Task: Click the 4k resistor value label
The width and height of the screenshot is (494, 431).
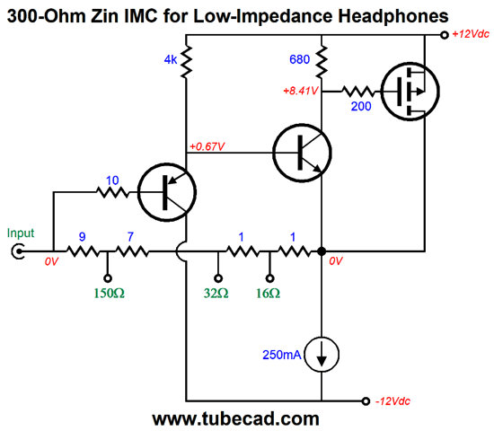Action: [171, 59]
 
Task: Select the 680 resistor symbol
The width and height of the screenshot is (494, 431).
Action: [321, 61]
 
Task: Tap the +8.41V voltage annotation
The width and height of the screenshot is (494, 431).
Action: [301, 91]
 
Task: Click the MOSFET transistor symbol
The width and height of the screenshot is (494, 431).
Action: [410, 92]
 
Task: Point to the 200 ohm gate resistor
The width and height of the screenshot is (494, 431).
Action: [358, 92]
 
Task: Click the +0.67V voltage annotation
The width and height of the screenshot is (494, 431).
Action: [207, 146]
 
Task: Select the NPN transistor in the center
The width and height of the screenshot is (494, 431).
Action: [302, 153]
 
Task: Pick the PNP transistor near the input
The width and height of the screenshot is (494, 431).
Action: [167, 192]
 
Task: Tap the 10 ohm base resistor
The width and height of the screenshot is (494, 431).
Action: [112, 192]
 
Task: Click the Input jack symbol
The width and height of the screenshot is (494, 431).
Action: [18, 251]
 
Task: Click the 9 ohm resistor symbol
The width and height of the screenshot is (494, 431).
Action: [83, 251]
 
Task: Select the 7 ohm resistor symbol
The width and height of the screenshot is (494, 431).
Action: [132, 251]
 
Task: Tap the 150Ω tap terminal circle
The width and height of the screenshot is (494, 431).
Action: [108, 278]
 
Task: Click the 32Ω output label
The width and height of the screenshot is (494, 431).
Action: [216, 294]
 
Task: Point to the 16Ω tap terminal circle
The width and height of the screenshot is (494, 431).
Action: [269, 278]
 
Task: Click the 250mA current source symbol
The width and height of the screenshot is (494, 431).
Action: [322, 355]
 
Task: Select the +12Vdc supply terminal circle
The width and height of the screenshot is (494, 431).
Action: [445, 35]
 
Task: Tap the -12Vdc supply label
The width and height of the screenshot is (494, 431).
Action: [393, 401]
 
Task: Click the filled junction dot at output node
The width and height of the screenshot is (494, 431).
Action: [322, 251]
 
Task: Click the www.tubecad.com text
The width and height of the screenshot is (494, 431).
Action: [235, 419]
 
